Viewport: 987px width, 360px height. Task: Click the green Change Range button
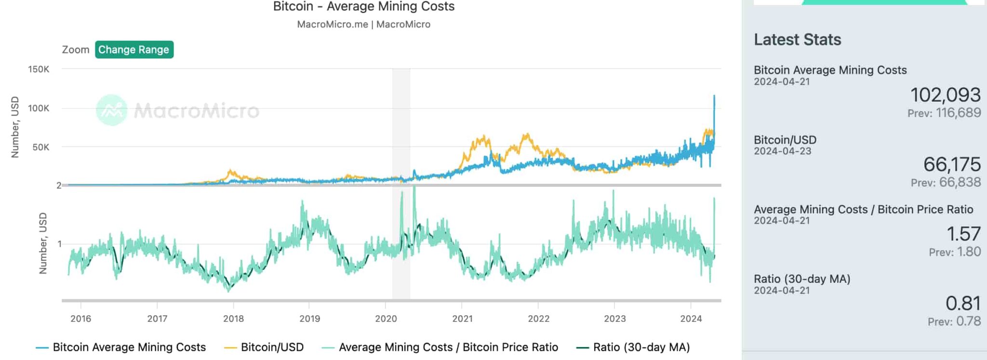pos(134,50)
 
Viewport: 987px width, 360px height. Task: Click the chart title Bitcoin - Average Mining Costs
pos(364,7)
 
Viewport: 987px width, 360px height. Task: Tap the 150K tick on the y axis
pos(39,69)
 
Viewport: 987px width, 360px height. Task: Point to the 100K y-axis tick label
pos(39,108)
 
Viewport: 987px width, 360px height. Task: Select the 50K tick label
pos(40,147)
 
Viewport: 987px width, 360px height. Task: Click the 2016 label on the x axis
pos(80,319)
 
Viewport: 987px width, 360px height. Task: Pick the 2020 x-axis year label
pos(386,319)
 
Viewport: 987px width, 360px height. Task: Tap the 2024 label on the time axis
pos(691,319)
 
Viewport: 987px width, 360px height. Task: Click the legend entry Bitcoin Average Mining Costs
pos(129,347)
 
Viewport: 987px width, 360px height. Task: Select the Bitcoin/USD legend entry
pos(272,347)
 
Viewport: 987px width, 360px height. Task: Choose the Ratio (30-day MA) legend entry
pos(641,347)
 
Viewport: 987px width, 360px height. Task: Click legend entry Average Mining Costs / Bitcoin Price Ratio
pos(448,347)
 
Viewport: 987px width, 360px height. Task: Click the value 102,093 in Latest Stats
pos(945,95)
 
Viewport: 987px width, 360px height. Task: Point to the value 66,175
pos(952,165)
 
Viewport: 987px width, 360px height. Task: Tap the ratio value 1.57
pos(963,234)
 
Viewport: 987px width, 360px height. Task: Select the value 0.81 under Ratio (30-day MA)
pos(963,304)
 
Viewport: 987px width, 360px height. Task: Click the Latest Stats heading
pos(798,40)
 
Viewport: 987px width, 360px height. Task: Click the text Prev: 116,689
pos(944,113)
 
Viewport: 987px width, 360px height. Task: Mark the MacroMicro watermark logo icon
pos(112,110)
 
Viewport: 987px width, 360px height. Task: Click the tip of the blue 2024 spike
pos(714,96)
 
